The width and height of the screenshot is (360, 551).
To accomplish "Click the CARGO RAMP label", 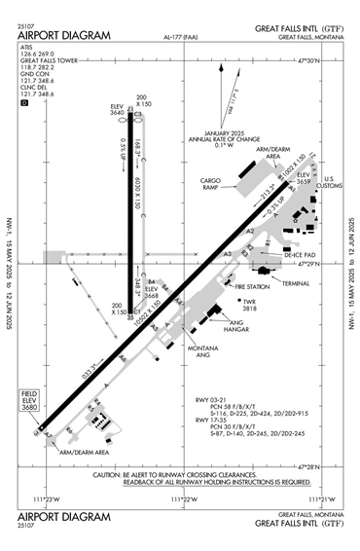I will [215, 183].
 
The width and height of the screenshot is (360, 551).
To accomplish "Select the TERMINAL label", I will [296, 282].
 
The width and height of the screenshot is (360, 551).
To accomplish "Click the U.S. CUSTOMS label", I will [328, 182].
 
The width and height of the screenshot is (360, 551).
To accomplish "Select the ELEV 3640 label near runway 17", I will [118, 110].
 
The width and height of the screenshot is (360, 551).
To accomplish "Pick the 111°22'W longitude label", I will [183, 499].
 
